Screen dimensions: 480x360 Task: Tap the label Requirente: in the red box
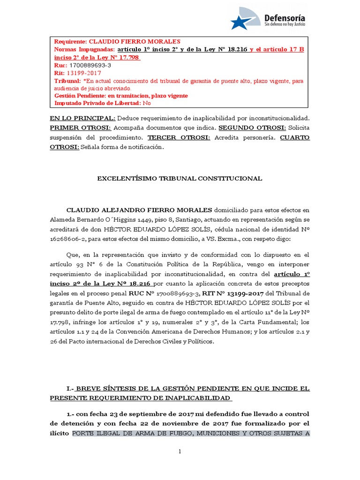point(71,41)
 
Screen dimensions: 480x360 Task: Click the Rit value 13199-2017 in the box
point(84,73)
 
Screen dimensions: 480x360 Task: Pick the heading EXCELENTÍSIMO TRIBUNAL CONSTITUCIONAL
point(179,179)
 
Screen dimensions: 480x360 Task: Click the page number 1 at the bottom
point(180,451)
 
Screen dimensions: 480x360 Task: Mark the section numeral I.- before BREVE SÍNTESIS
point(72,389)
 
